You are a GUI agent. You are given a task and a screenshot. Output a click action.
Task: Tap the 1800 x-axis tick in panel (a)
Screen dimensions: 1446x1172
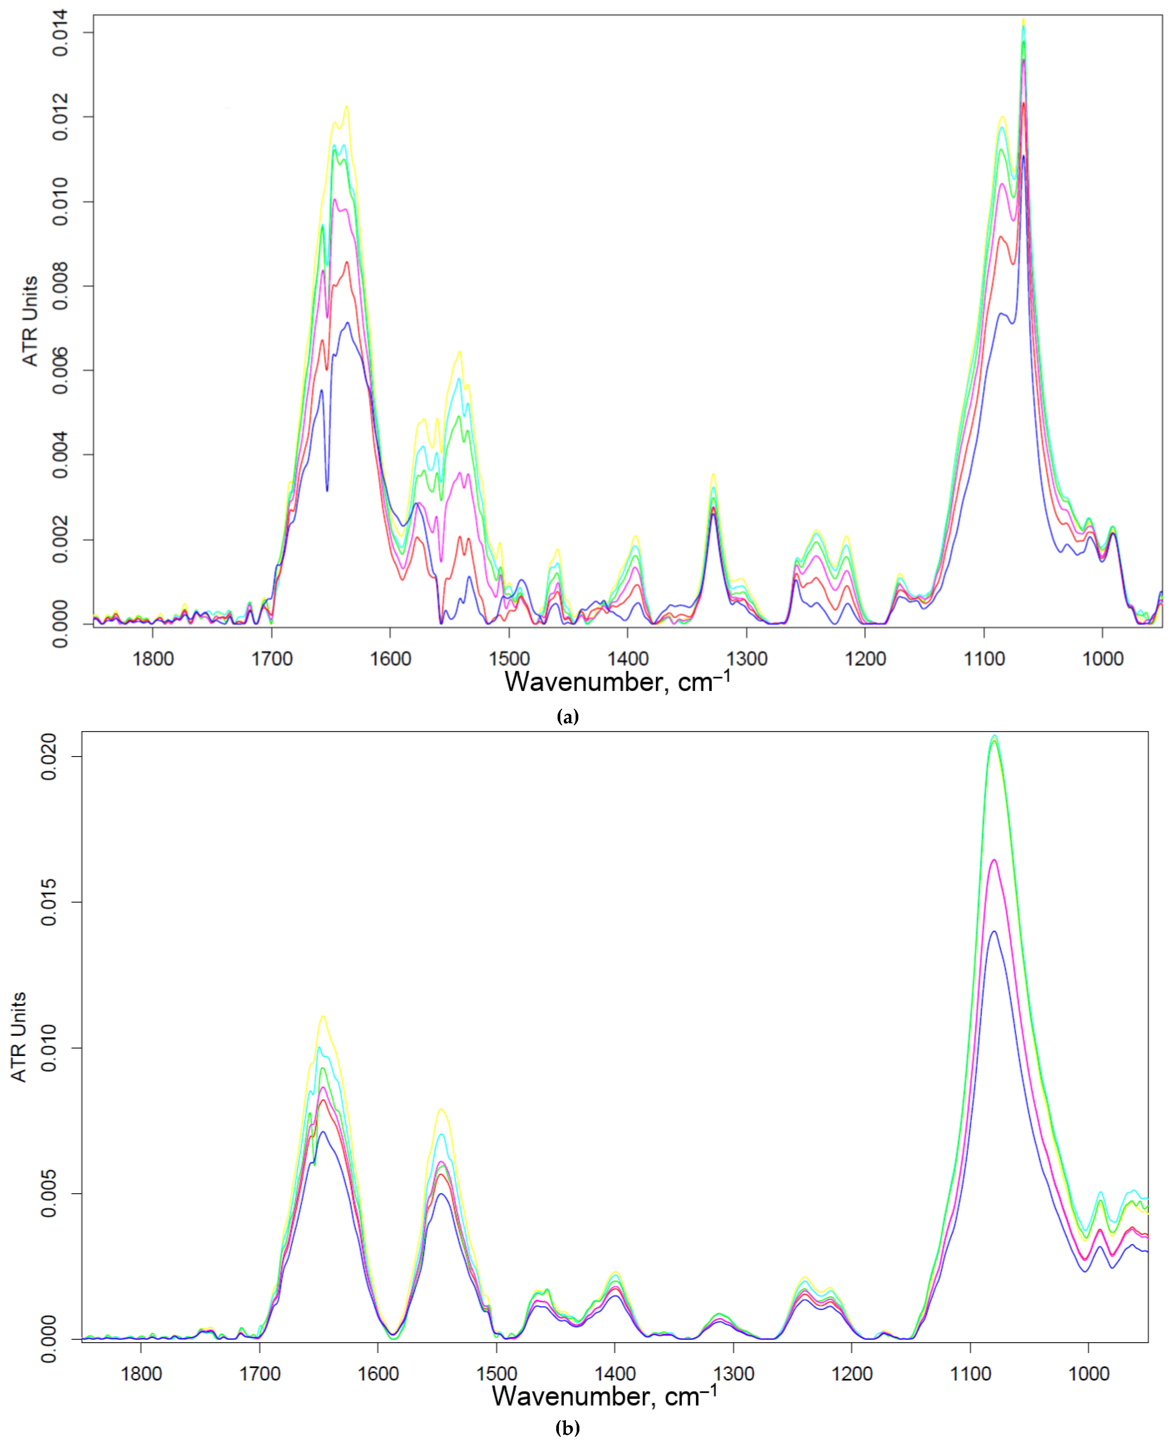click(153, 658)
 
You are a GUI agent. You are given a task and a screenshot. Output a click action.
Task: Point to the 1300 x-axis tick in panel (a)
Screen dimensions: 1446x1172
click(747, 658)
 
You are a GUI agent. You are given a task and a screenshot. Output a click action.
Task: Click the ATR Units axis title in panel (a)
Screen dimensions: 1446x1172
click(30, 321)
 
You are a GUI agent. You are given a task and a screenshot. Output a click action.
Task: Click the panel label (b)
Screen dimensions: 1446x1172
click(567, 1428)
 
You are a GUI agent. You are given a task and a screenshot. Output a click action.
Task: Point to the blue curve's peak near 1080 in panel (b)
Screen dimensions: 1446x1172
click(994, 931)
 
